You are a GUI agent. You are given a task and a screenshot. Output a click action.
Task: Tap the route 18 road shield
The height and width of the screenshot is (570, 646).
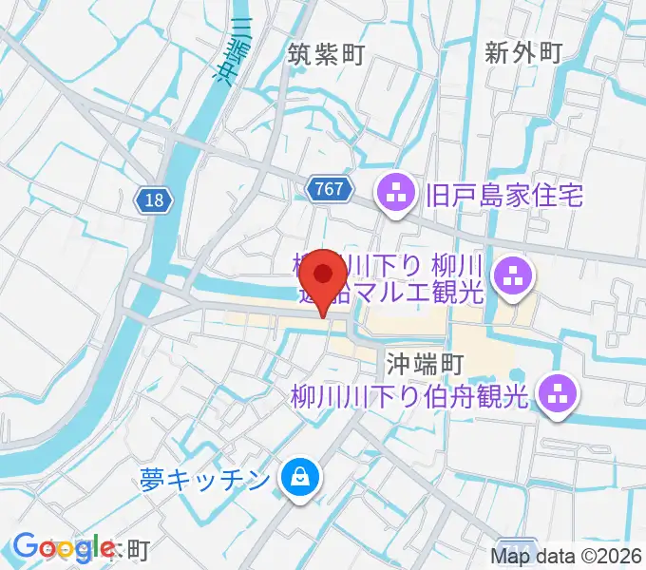pyautogui.click(x=154, y=199)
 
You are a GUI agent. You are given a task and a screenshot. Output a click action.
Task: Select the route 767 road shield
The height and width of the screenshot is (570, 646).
pyautogui.click(x=330, y=189)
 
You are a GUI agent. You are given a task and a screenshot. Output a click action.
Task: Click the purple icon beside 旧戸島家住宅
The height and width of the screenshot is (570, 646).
pyautogui.click(x=394, y=196)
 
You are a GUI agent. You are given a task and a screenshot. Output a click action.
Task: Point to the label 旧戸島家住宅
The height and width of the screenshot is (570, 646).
pyautogui.click(x=504, y=196)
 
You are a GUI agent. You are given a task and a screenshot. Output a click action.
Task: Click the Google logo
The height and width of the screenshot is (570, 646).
pyautogui.click(x=64, y=546)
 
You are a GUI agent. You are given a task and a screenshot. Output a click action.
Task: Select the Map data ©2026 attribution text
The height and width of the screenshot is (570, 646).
pyautogui.click(x=567, y=557)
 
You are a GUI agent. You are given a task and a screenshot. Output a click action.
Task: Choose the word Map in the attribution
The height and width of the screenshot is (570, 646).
pyautogui.click(x=511, y=557)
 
